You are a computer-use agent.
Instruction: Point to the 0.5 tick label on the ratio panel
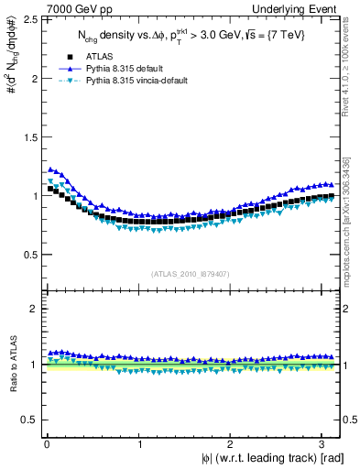31,420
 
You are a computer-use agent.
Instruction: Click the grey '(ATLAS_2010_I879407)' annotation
191,274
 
